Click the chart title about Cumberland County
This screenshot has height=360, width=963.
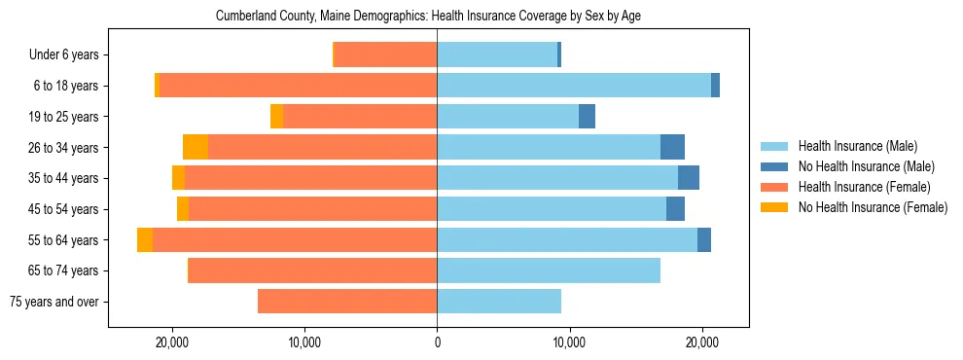pyautogui.click(x=428, y=17)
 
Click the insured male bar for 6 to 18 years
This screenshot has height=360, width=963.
pyautogui.click(x=574, y=86)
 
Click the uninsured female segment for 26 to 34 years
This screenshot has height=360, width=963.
pyautogui.click(x=196, y=148)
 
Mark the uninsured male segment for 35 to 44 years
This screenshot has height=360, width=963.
pyautogui.click(x=689, y=178)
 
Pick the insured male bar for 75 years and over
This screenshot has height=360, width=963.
pyautogui.click(x=499, y=302)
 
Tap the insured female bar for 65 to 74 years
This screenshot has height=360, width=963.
pyautogui.click(x=312, y=270)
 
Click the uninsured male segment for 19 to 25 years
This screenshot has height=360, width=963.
pyautogui.click(x=587, y=117)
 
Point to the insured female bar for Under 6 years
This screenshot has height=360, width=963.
pyautogui.click(x=385, y=55)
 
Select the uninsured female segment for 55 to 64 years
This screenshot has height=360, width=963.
pyautogui.click(x=145, y=240)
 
